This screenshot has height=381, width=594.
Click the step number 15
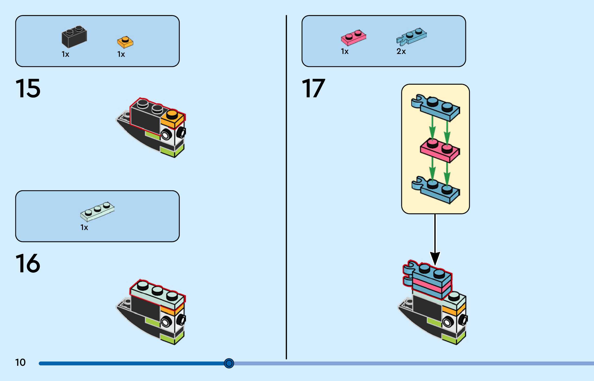coord(28,89)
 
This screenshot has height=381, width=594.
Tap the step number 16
coord(28,264)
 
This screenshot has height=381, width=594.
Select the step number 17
coord(313,89)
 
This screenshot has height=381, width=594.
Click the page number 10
coord(20,362)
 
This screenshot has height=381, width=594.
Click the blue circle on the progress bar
coord(229,363)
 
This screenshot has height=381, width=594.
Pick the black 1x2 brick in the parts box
coord(74,37)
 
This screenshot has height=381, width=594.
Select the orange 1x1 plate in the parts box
coord(125,42)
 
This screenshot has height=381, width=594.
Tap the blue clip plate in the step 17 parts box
coord(412,37)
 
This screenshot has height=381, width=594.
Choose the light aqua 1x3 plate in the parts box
coord(97,211)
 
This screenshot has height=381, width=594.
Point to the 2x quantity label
coord(401,52)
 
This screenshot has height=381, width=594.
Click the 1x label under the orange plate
coord(121,54)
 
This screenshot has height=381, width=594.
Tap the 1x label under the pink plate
coord(345,52)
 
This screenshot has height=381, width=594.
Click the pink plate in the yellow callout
coord(440,151)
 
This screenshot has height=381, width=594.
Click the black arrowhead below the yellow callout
coord(435,258)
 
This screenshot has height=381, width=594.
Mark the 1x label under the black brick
coord(65,54)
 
